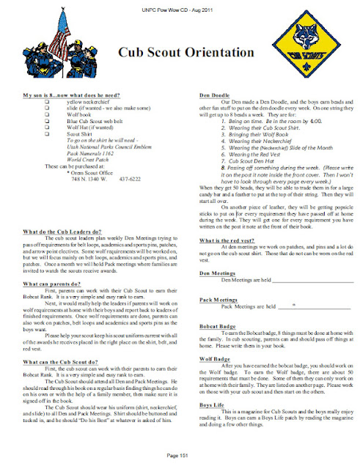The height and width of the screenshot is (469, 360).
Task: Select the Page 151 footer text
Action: point(180,456)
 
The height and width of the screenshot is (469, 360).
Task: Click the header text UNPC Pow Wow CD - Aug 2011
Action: point(180,7)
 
